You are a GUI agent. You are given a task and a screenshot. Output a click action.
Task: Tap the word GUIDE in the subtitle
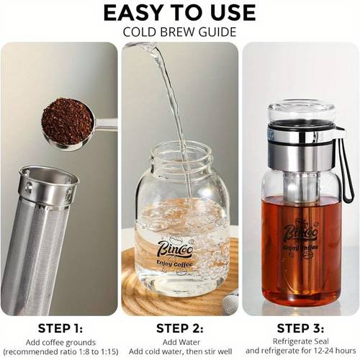click(x=217, y=32)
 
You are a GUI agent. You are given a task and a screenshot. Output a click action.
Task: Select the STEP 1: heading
click(x=60, y=328)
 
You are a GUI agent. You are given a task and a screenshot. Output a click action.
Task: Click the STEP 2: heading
click(x=180, y=328)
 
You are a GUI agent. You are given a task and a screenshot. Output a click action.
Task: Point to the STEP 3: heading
click(x=300, y=328)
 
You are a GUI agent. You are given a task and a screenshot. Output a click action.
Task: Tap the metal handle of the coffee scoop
click(x=106, y=124)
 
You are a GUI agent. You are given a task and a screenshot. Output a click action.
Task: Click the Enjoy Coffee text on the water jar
click(x=174, y=264)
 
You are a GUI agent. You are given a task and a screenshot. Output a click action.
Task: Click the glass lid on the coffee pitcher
click(x=301, y=112)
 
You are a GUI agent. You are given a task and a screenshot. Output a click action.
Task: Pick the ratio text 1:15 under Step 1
click(x=109, y=352)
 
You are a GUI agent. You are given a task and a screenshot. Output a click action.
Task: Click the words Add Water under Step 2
click(x=181, y=342)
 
